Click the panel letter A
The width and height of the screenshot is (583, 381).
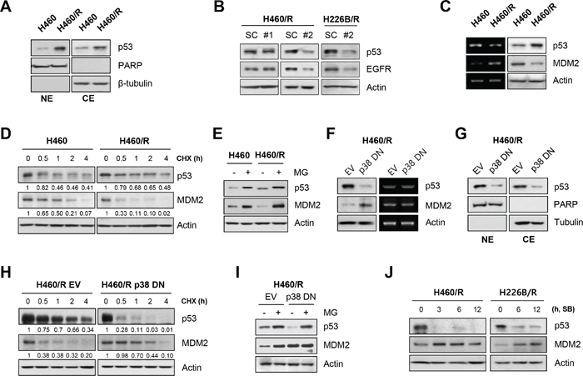point(7,9)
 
